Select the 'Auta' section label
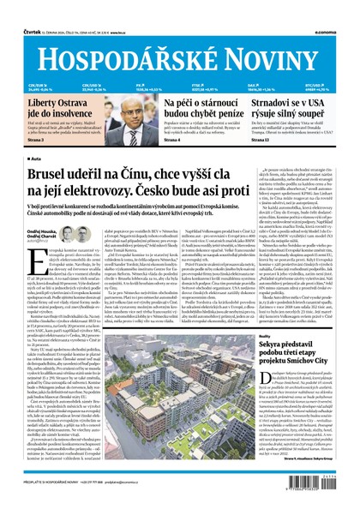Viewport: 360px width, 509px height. tap(39, 159)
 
